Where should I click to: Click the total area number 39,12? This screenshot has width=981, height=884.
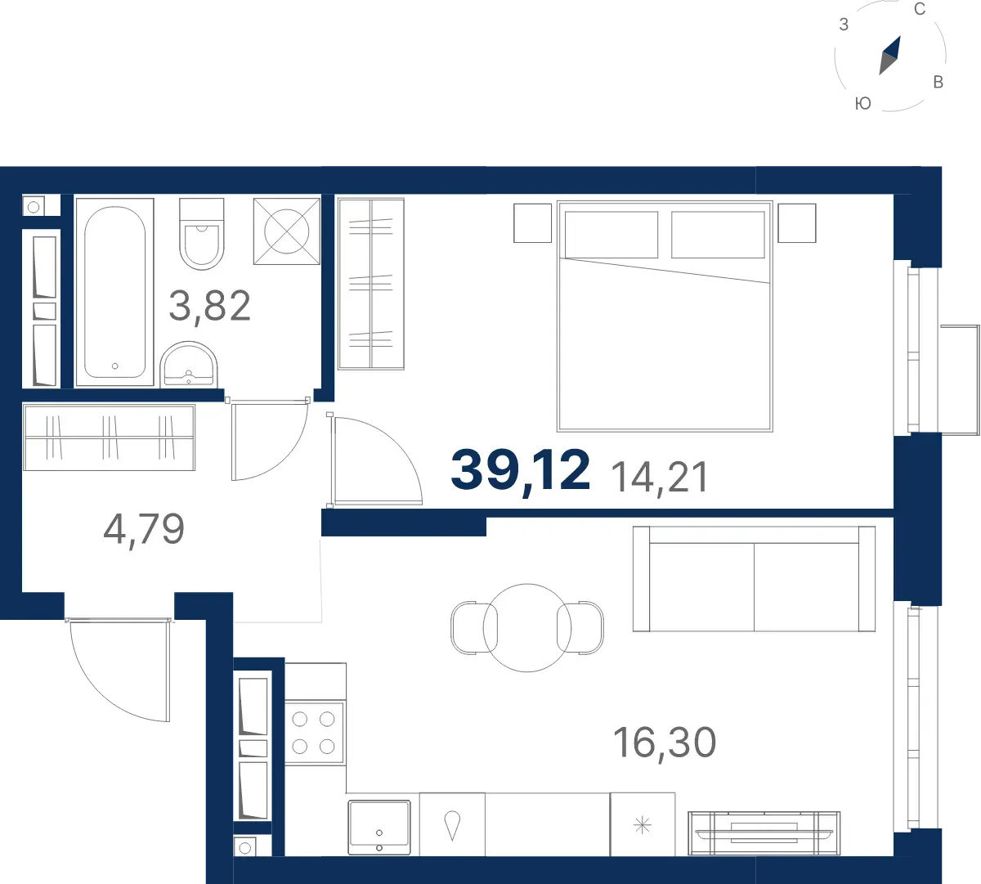click(x=520, y=470)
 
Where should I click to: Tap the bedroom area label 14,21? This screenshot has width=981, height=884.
click(x=660, y=478)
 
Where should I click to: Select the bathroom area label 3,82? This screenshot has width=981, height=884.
click(x=210, y=306)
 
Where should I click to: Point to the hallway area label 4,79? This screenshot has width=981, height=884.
click(x=144, y=529)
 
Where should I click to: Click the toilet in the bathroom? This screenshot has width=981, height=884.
click(x=201, y=234)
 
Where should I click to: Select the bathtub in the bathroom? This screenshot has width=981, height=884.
click(x=114, y=292)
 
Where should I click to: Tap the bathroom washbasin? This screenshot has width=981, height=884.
click(x=189, y=364)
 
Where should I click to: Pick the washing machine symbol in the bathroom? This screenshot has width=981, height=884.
click(x=287, y=231)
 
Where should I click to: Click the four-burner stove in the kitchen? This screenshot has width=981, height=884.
click(x=314, y=733)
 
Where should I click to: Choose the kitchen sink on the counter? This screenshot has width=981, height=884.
click(x=379, y=827)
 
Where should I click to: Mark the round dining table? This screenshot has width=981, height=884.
click(x=527, y=628)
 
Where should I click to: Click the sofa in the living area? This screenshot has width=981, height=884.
click(x=754, y=579)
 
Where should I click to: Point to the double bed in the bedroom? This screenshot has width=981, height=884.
click(x=665, y=316)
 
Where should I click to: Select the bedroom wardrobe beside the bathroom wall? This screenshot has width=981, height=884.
click(x=371, y=284)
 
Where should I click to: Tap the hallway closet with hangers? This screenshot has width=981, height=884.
click(x=109, y=438)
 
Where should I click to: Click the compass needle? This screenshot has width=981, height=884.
click(x=890, y=56)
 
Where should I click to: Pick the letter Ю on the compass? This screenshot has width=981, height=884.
click(x=863, y=104)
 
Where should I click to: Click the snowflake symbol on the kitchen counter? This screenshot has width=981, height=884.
click(x=642, y=826)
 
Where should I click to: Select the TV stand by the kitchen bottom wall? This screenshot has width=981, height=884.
click(x=764, y=833)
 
